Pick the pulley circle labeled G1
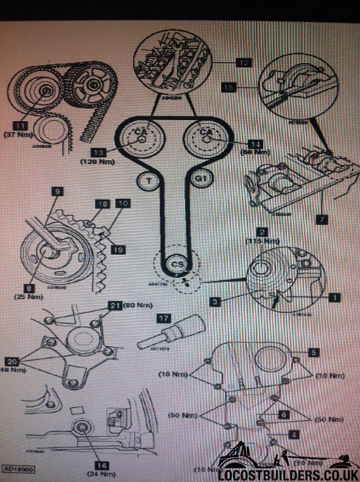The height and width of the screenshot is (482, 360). [200, 179]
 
